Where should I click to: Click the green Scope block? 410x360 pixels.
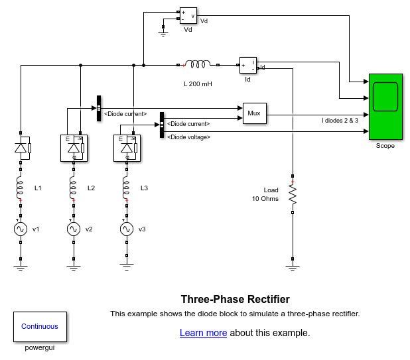point(385,107)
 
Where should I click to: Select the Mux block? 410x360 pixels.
point(254,114)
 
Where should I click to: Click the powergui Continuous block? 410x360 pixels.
point(40,326)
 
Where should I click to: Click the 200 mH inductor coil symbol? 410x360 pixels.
point(198,65)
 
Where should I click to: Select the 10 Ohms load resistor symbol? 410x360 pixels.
point(293,194)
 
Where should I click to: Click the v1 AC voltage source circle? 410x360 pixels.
point(21,229)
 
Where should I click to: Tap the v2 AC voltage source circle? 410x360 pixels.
point(74,229)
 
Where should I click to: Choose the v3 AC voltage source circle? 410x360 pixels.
point(126,229)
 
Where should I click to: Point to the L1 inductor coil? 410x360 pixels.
point(21,188)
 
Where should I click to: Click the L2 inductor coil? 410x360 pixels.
point(74,188)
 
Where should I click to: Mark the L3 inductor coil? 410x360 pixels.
point(126,188)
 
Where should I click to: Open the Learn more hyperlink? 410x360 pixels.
point(203,333)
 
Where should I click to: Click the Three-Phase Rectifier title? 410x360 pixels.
point(235,299)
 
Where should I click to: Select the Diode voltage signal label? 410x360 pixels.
point(189,137)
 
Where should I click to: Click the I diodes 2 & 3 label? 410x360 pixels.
point(340,121)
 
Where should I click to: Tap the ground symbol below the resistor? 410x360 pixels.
point(293,267)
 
